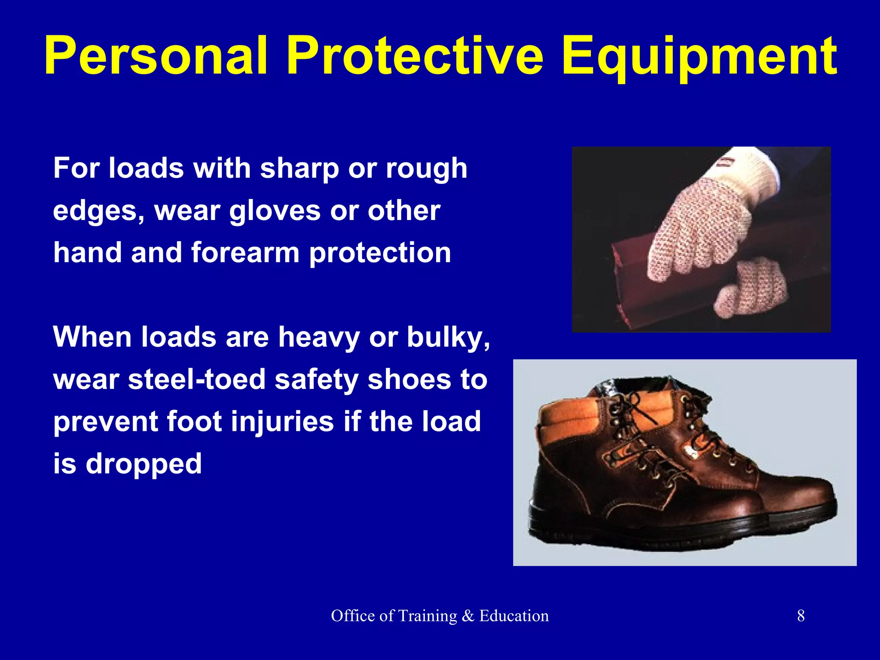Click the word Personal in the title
tap(156, 57)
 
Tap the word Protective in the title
tap(415, 57)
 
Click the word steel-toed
tap(197, 380)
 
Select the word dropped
tap(144, 464)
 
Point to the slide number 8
tap(801, 616)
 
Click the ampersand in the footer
tap(468, 616)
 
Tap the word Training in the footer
tap(427, 616)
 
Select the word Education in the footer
tap(514, 616)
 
